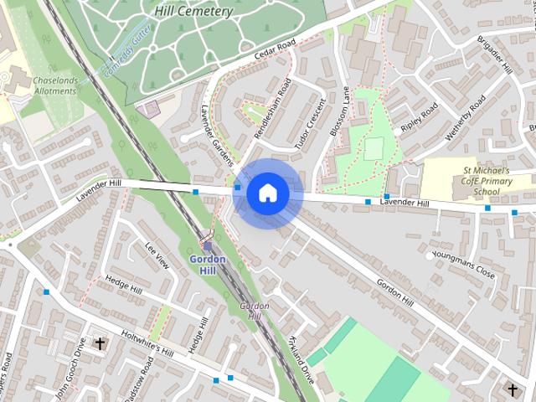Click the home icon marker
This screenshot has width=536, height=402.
(x=267, y=193)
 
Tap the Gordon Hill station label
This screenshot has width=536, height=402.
(x=208, y=265)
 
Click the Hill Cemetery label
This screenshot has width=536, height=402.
(x=193, y=12)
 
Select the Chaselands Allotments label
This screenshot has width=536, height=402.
(x=55, y=85)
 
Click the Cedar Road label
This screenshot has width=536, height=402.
(x=275, y=53)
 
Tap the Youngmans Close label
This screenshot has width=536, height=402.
(x=462, y=257)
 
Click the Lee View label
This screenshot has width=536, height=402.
(x=157, y=255)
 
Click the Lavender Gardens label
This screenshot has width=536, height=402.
(x=219, y=137)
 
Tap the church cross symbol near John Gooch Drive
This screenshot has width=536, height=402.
(x=100, y=343)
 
